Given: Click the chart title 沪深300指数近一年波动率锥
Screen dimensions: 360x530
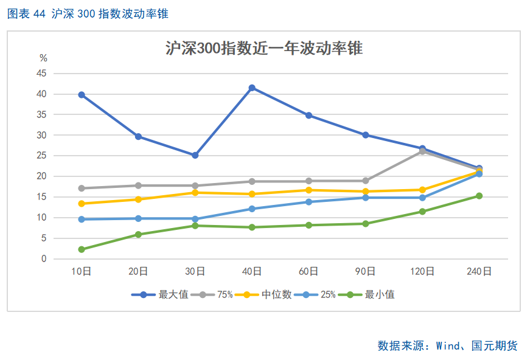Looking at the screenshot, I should click(264, 49).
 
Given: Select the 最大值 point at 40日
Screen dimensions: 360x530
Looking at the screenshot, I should click(252, 88).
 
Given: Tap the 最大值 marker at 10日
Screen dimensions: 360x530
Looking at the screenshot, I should click(82, 95).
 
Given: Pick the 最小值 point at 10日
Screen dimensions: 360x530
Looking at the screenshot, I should click(82, 249).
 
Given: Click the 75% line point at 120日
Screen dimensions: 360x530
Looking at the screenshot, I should click(422, 151).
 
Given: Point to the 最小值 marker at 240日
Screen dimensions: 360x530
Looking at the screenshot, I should click(479, 196).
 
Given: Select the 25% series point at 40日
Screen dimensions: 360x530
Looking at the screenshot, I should click(252, 209).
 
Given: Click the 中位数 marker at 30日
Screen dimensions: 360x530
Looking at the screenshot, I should click(195, 193).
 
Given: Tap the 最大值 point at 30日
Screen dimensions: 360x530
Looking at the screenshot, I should click(195, 155).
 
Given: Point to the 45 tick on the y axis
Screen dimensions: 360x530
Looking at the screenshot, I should click(41, 73).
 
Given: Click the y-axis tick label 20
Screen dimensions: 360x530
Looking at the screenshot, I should click(41, 176).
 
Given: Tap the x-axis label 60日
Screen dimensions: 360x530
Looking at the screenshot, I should click(309, 272).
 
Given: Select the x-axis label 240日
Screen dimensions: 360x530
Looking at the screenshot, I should click(479, 272).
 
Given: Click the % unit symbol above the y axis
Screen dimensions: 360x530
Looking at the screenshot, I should click(43, 58).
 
